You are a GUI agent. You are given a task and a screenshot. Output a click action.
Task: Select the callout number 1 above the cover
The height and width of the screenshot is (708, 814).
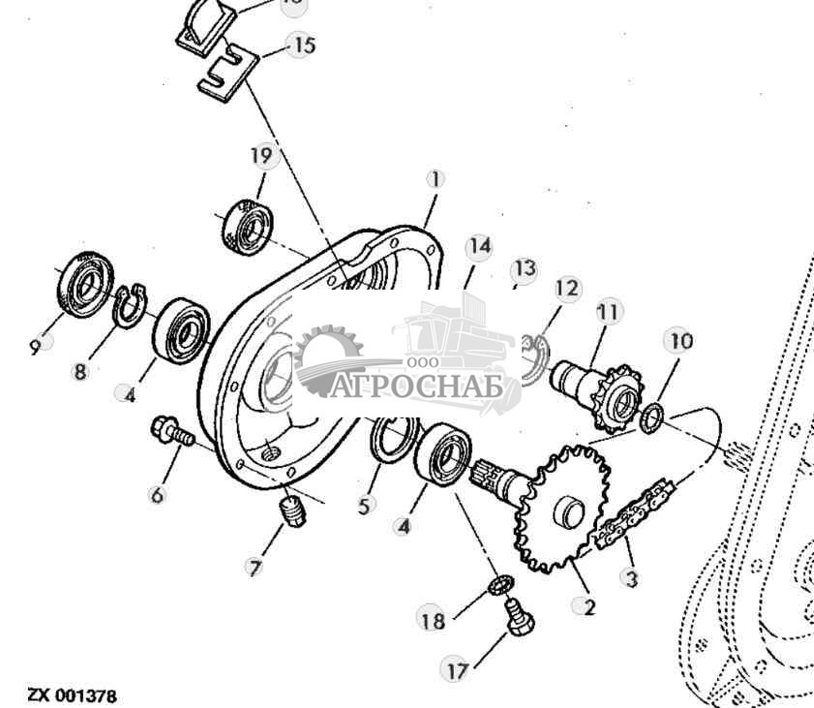(436, 179)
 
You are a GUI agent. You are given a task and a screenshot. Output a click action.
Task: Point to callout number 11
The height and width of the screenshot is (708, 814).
(607, 312)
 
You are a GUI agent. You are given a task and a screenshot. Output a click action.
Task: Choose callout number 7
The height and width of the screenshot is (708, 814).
(255, 568)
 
